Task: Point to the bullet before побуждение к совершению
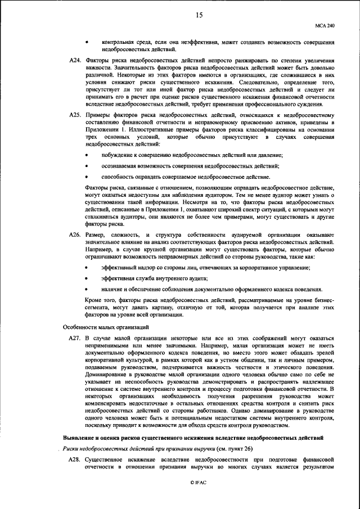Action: tap(87, 155)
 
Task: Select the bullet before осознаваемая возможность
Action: tap(87, 165)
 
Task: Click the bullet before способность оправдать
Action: tap(87, 177)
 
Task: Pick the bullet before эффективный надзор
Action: tap(87, 268)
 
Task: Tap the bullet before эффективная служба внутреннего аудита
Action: tap(87, 278)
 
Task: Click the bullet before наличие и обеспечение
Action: tap(87, 289)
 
